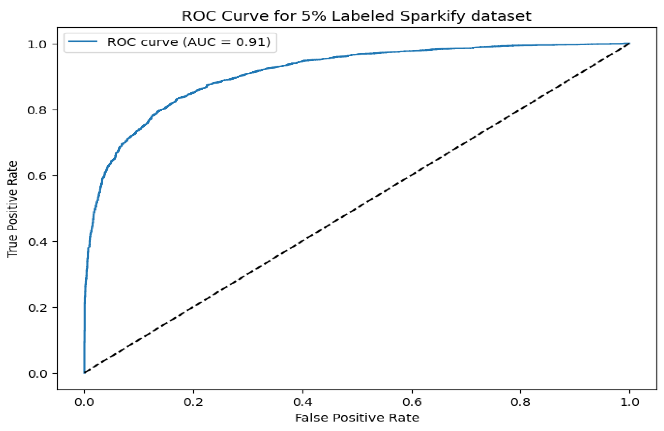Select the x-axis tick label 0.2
click(193, 402)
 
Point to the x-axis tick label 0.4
click(303, 402)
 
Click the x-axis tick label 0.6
click(412, 402)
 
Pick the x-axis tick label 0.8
click(521, 402)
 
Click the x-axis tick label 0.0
click(84, 402)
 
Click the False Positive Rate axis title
click(357, 418)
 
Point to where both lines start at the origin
click(84, 373)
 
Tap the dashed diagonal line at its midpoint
click(357, 208)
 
